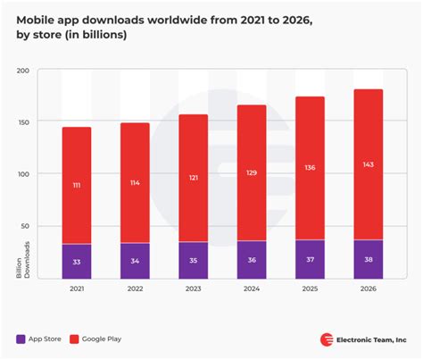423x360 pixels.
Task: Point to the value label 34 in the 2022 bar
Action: (x=135, y=261)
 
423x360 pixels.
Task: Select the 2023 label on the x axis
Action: (x=193, y=289)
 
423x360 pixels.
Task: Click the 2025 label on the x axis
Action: (x=309, y=289)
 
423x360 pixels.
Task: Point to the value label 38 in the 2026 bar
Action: (x=368, y=260)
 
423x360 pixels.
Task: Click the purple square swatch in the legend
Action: (x=21, y=339)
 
